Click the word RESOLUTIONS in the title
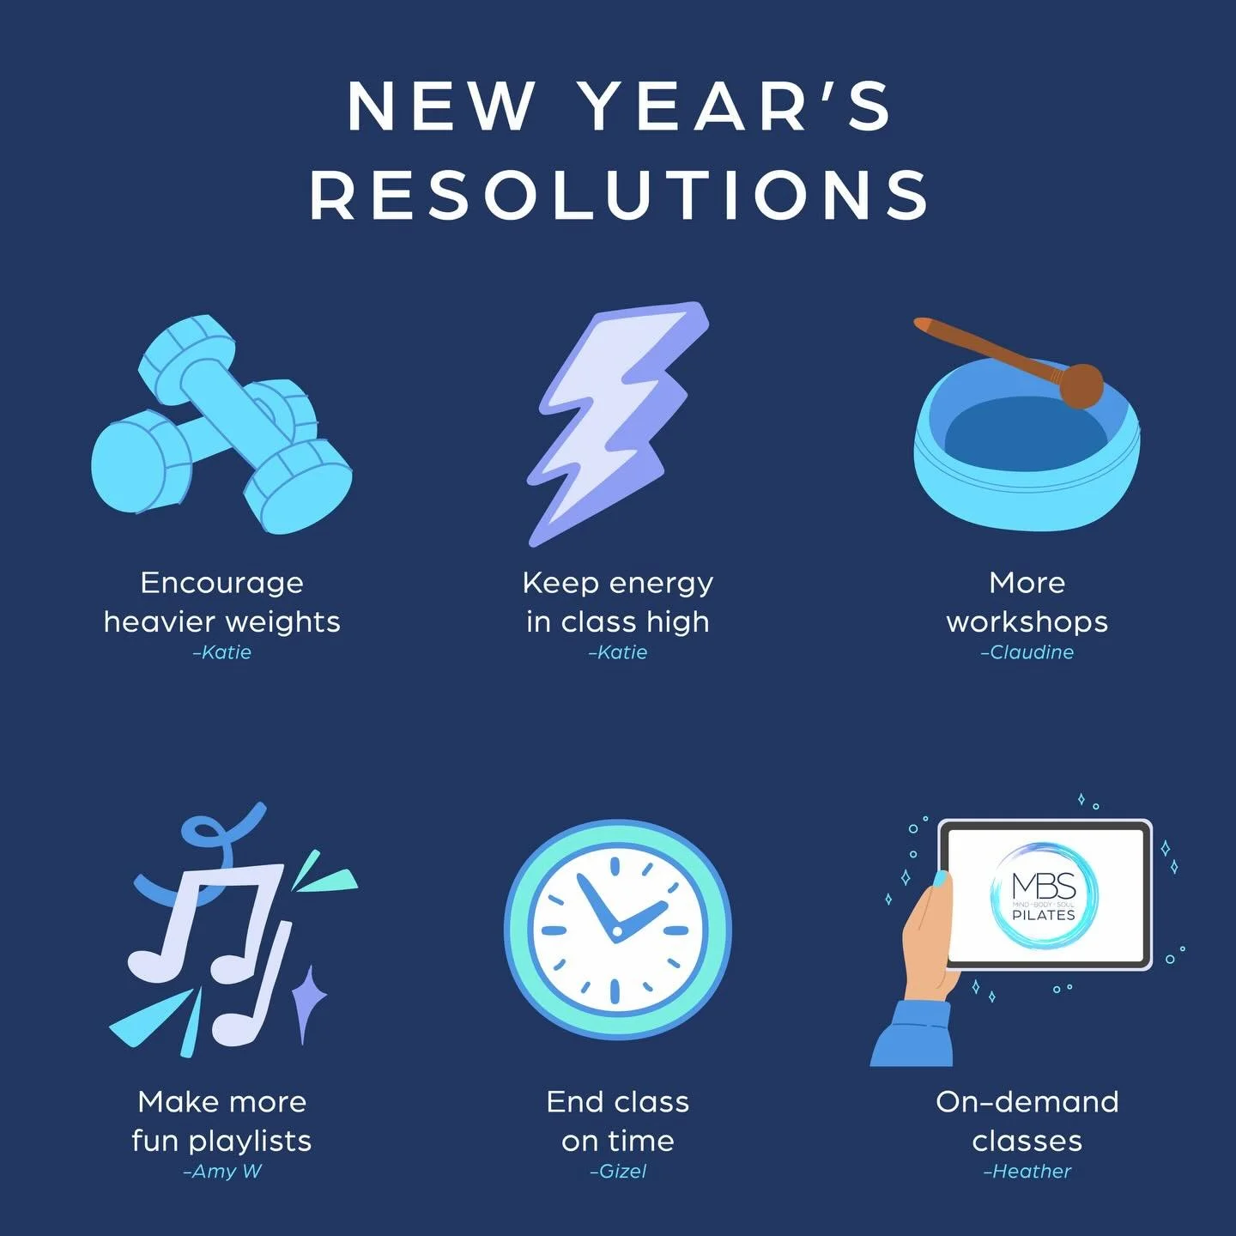620,194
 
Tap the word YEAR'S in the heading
736,106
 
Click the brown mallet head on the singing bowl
1081,384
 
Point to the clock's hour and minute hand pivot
616,931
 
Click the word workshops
1027,621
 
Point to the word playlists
250,1142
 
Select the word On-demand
1027,1102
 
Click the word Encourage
222,583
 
